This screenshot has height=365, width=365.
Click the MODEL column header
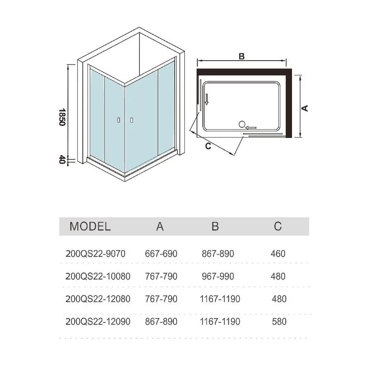click(90, 226)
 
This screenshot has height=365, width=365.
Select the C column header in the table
click(278, 226)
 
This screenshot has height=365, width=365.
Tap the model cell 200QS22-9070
click(95, 254)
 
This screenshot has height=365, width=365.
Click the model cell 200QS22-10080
click(98, 276)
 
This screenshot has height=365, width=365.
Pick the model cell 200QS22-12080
click(98, 299)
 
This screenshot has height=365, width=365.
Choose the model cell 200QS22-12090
click(98, 322)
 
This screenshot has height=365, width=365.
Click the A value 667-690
click(161, 254)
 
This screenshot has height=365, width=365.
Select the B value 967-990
click(218, 276)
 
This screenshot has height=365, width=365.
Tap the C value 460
click(278, 254)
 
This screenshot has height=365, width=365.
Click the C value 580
click(278, 322)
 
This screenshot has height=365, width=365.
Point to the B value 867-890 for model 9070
click(218, 254)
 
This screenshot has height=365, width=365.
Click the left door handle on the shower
click(119, 120)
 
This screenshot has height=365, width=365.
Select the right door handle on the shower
click(131, 120)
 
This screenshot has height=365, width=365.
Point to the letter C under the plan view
click(208, 146)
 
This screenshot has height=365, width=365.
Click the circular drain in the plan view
click(242, 123)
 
